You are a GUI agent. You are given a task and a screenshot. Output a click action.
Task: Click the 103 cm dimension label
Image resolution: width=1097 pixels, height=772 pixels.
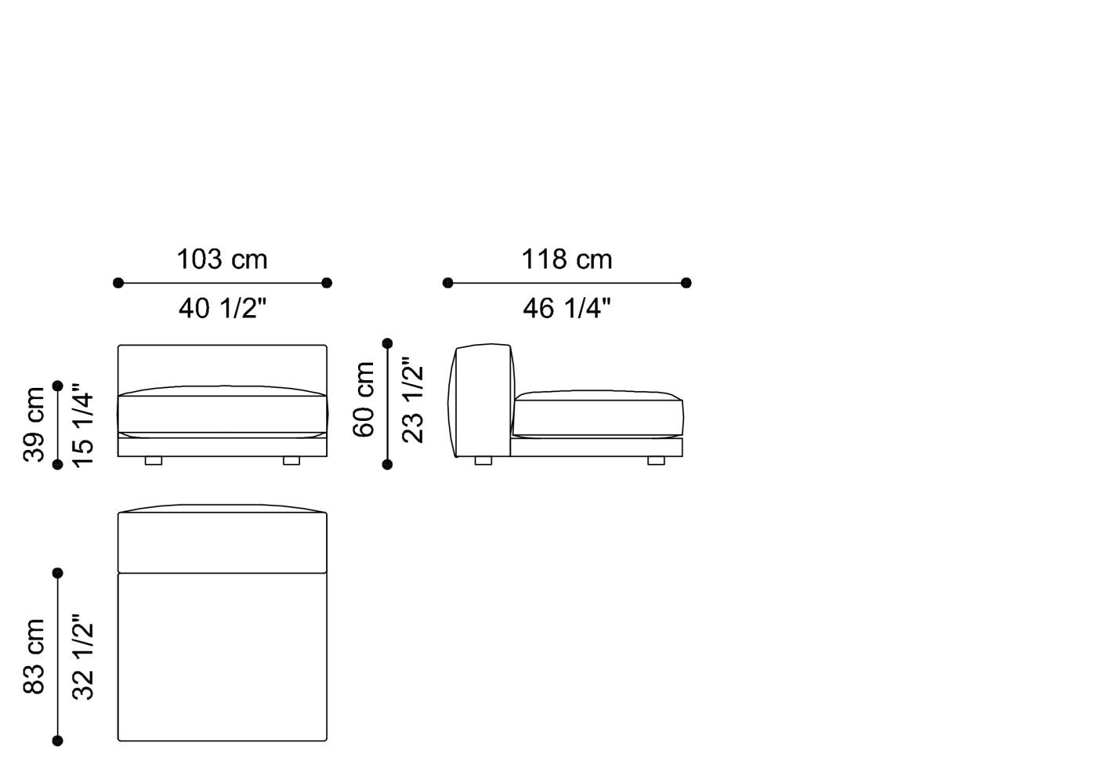[222, 259]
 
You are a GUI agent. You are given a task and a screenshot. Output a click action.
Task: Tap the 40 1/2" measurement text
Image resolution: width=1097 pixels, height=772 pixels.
[223, 309]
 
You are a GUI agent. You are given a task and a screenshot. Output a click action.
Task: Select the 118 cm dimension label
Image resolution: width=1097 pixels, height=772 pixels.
[567, 259]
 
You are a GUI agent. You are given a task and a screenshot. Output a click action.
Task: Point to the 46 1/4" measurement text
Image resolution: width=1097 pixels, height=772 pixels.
[567, 309]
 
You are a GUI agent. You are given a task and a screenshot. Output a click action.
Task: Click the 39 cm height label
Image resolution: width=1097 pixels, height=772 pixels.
[34, 425]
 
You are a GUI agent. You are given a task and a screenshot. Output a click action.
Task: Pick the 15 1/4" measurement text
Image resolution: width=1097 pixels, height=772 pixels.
[82, 425]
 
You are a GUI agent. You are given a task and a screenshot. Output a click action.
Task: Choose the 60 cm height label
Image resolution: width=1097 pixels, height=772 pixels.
[364, 400]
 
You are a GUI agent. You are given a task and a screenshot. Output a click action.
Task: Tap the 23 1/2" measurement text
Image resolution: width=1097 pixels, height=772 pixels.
[412, 400]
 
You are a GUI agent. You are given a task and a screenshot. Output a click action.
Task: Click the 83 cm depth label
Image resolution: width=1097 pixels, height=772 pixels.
[34, 656]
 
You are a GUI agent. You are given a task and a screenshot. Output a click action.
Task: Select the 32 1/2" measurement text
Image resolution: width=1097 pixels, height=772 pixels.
[82, 657]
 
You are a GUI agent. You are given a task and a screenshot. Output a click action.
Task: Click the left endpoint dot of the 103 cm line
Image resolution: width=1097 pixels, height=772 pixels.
[118, 283]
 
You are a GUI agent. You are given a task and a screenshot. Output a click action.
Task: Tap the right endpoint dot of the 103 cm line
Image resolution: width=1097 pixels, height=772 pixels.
[327, 283]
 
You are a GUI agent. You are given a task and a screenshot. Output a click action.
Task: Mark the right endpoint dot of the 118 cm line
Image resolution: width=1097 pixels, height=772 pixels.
[686, 283]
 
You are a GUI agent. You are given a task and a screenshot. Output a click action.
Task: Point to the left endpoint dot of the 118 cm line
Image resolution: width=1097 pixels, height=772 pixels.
[447, 283]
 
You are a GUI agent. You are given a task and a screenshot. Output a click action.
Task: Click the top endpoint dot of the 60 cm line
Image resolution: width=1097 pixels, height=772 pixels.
[387, 343]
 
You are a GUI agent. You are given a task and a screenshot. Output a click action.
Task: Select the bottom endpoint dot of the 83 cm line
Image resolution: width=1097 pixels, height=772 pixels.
[57, 741]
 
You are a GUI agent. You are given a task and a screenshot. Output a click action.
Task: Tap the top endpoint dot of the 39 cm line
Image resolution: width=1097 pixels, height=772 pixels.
[57, 386]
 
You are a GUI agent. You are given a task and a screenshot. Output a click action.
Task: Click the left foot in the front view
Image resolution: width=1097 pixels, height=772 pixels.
[154, 461]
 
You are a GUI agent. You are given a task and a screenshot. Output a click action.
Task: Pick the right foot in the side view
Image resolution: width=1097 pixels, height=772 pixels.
[656, 461]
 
